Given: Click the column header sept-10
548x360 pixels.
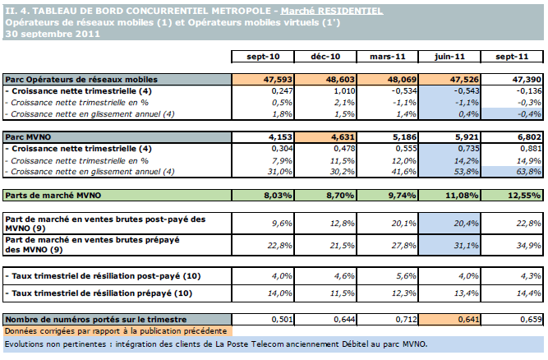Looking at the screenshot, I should (263, 56).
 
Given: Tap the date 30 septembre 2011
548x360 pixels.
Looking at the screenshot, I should (53, 35).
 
